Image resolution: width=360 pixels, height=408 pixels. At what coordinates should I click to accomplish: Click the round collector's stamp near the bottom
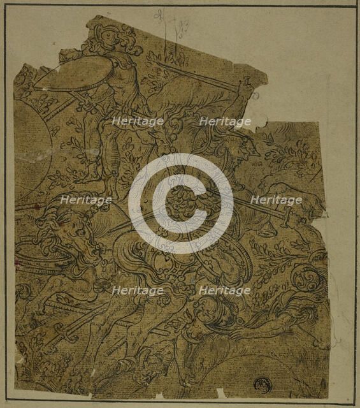tap(261, 384)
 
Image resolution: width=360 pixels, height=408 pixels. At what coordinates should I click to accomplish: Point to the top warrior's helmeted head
tap(115, 40)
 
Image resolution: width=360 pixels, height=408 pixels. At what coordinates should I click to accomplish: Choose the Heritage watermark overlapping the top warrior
tap(138, 120)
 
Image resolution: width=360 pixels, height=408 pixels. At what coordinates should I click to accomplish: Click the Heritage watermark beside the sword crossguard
tap(275, 200)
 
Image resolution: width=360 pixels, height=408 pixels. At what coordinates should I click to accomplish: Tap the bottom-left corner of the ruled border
tap(6, 403)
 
